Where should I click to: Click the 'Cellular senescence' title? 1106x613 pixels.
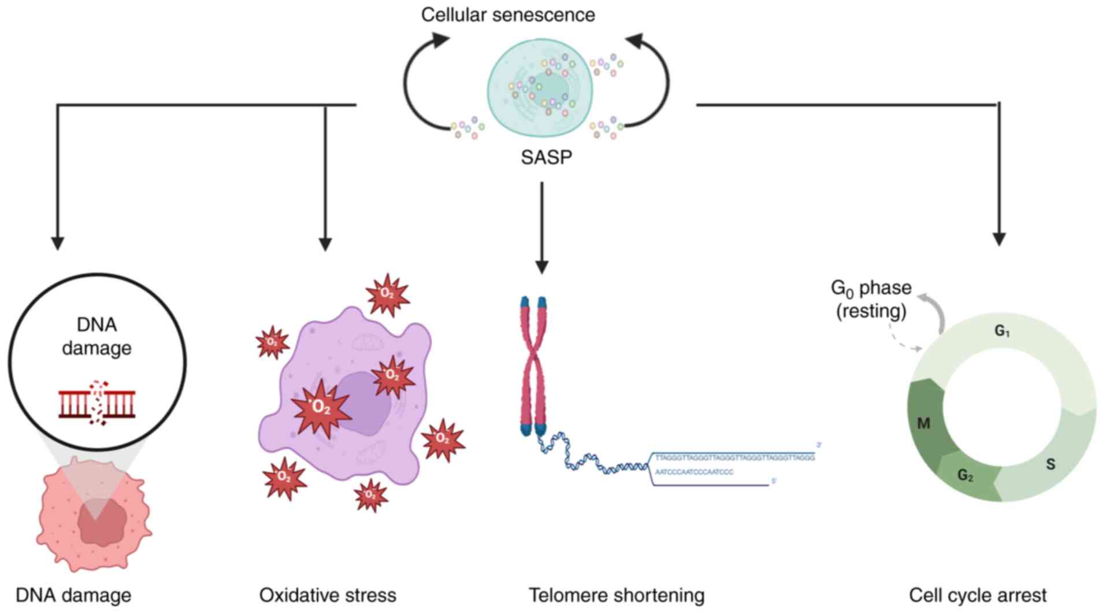pyautogui.click(x=507, y=14)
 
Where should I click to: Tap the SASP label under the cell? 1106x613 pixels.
pyautogui.click(x=546, y=157)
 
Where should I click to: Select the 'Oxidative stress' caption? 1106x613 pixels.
pyautogui.click(x=328, y=595)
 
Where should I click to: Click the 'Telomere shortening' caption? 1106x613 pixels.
pyautogui.click(x=617, y=595)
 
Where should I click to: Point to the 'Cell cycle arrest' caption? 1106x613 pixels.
pyautogui.click(x=978, y=595)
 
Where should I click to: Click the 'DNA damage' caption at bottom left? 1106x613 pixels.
pyautogui.click(x=73, y=595)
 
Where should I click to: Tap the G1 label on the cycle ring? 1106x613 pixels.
pyautogui.click(x=1002, y=331)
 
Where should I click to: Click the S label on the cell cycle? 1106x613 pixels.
pyautogui.click(x=1051, y=464)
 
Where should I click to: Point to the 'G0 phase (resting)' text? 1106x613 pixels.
pyautogui.click(x=871, y=299)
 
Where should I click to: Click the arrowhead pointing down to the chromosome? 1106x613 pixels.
pyautogui.click(x=541, y=267)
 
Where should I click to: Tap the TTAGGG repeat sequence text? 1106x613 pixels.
pyautogui.click(x=734, y=457)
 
